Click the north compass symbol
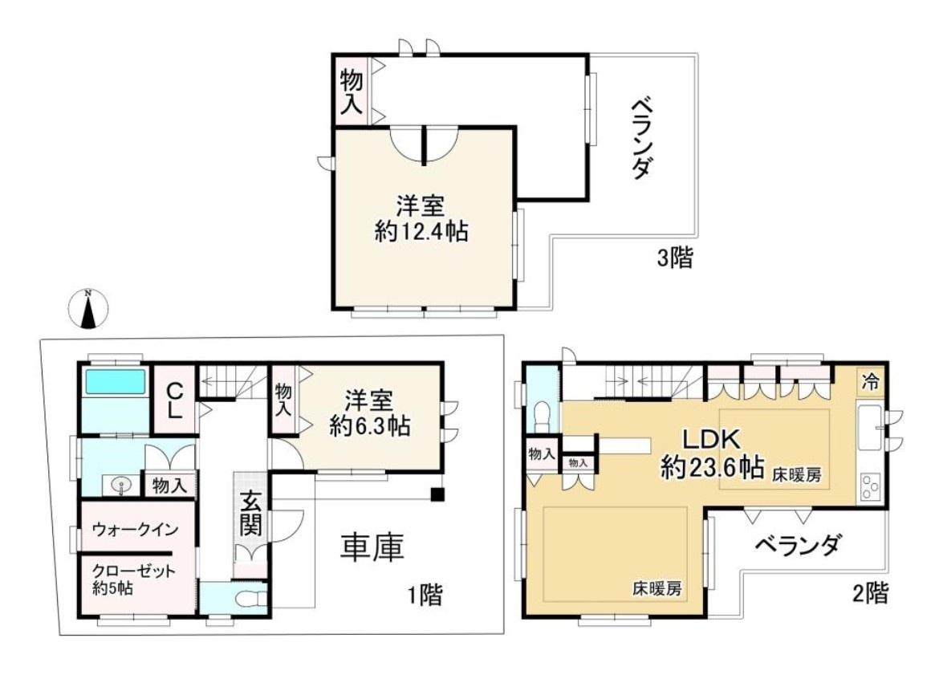pyautogui.click(x=88, y=309)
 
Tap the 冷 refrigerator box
pyautogui.click(x=870, y=380)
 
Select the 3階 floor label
pyautogui.click(x=675, y=258)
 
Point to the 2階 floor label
pyautogui.click(x=871, y=593)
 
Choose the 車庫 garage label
pyautogui.click(x=372, y=547)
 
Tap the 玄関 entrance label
pyautogui.click(x=251, y=513)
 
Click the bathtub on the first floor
pyautogui.click(x=115, y=382)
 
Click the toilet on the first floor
pyautogui.click(x=250, y=598)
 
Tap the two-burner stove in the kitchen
pyautogui.click(x=869, y=486)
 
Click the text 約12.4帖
pyautogui.click(x=421, y=230)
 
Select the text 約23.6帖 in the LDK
pyautogui.click(x=713, y=467)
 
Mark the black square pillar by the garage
pyautogui.click(x=438, y=494)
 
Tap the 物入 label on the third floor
pyautogui.click(x=351, y=91)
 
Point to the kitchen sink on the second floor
pyautogui.click(x=869, y=427)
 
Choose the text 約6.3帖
pyautogui.click(x=370, y=426)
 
